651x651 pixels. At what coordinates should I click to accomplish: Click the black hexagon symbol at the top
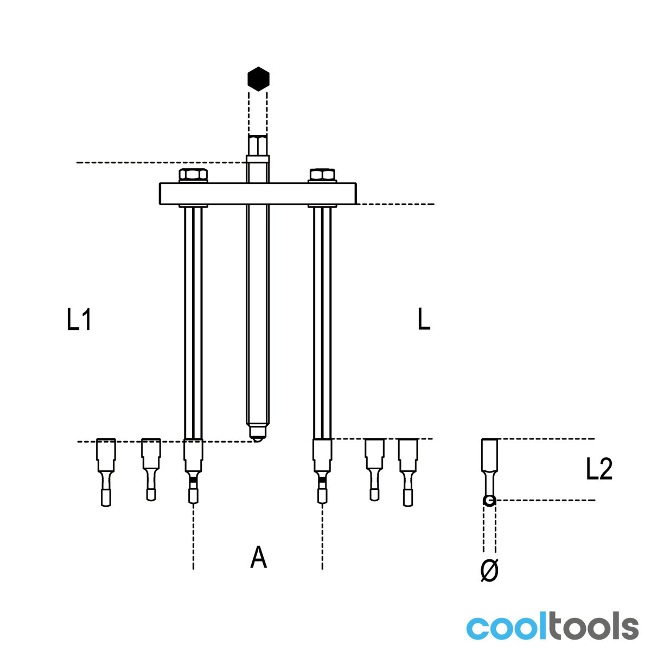point(258,79)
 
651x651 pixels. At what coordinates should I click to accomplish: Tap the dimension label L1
point(79,319)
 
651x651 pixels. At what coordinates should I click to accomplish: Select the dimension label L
point(424,319)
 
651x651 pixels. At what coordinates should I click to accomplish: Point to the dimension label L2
point(599,469)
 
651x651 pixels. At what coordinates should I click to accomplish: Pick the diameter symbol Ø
point(489,570)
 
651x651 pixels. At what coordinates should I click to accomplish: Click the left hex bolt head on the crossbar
point(193,175)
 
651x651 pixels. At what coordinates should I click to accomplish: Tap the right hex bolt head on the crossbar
point(322,175)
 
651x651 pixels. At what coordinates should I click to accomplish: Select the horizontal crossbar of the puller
point(258,194)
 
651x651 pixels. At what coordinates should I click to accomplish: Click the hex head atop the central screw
point(258,145)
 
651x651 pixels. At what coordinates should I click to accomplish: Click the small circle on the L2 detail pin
point(489,500)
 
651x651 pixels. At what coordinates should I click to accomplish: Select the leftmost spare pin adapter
point(106,473)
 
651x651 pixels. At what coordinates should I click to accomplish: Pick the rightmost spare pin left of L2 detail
point(408,473)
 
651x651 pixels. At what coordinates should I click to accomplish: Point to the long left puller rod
point(193,323)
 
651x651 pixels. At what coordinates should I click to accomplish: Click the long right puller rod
point(322,323)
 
